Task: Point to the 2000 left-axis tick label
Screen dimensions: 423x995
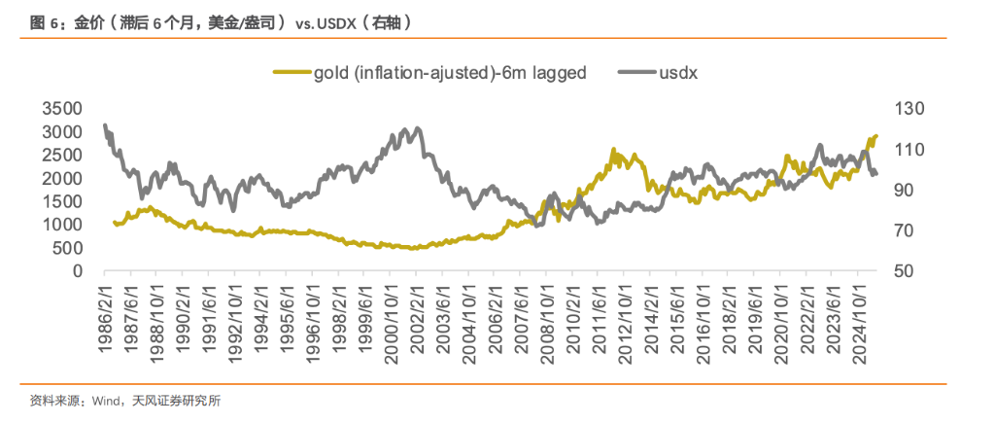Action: [63, 178]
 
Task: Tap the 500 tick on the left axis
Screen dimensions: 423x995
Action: [69, 248]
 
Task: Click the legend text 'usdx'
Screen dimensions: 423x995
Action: [678, 72]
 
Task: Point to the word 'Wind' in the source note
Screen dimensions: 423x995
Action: [107, 401]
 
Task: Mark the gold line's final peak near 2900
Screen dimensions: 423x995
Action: [875, 136]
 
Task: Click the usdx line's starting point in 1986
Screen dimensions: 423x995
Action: [104, 125]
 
